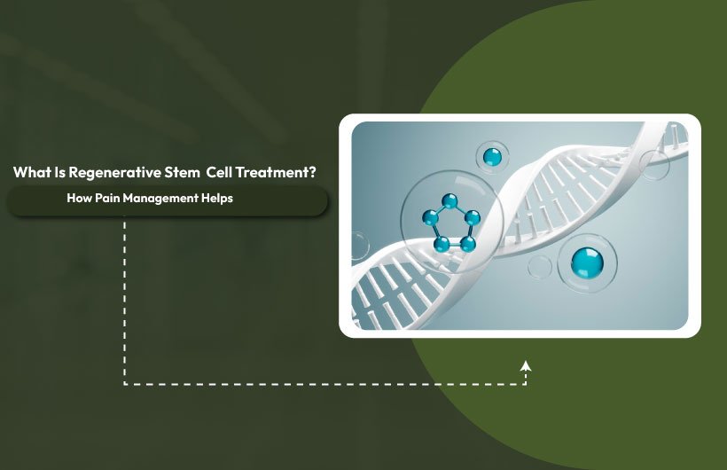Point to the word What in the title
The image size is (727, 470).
[32, 172]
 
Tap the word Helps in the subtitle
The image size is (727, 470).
[216, 199]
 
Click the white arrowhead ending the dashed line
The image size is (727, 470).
[526, 364]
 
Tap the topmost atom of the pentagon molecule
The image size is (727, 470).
[450, 200]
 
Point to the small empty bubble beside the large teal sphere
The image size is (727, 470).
[539, 267]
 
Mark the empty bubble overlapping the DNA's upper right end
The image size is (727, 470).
[654, 165]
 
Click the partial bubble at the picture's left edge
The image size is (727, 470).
[357, 245]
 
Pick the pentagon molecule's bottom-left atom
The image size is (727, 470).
[441, 242]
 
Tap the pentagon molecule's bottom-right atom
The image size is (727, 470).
[466, 244]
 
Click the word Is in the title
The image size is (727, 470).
[60, 172]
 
